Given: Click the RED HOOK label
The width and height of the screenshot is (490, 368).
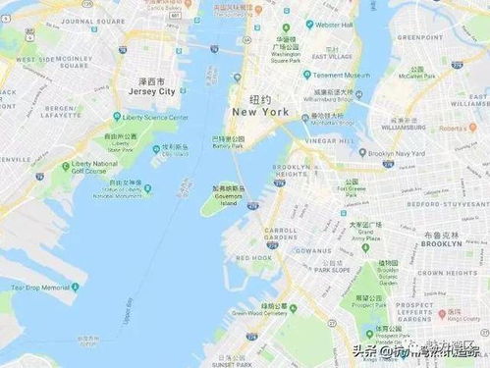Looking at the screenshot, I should pyautogui.click(x=254, y=257).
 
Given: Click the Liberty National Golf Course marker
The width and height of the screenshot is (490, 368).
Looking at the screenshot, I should pyautogui.click(x=66, y=166).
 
